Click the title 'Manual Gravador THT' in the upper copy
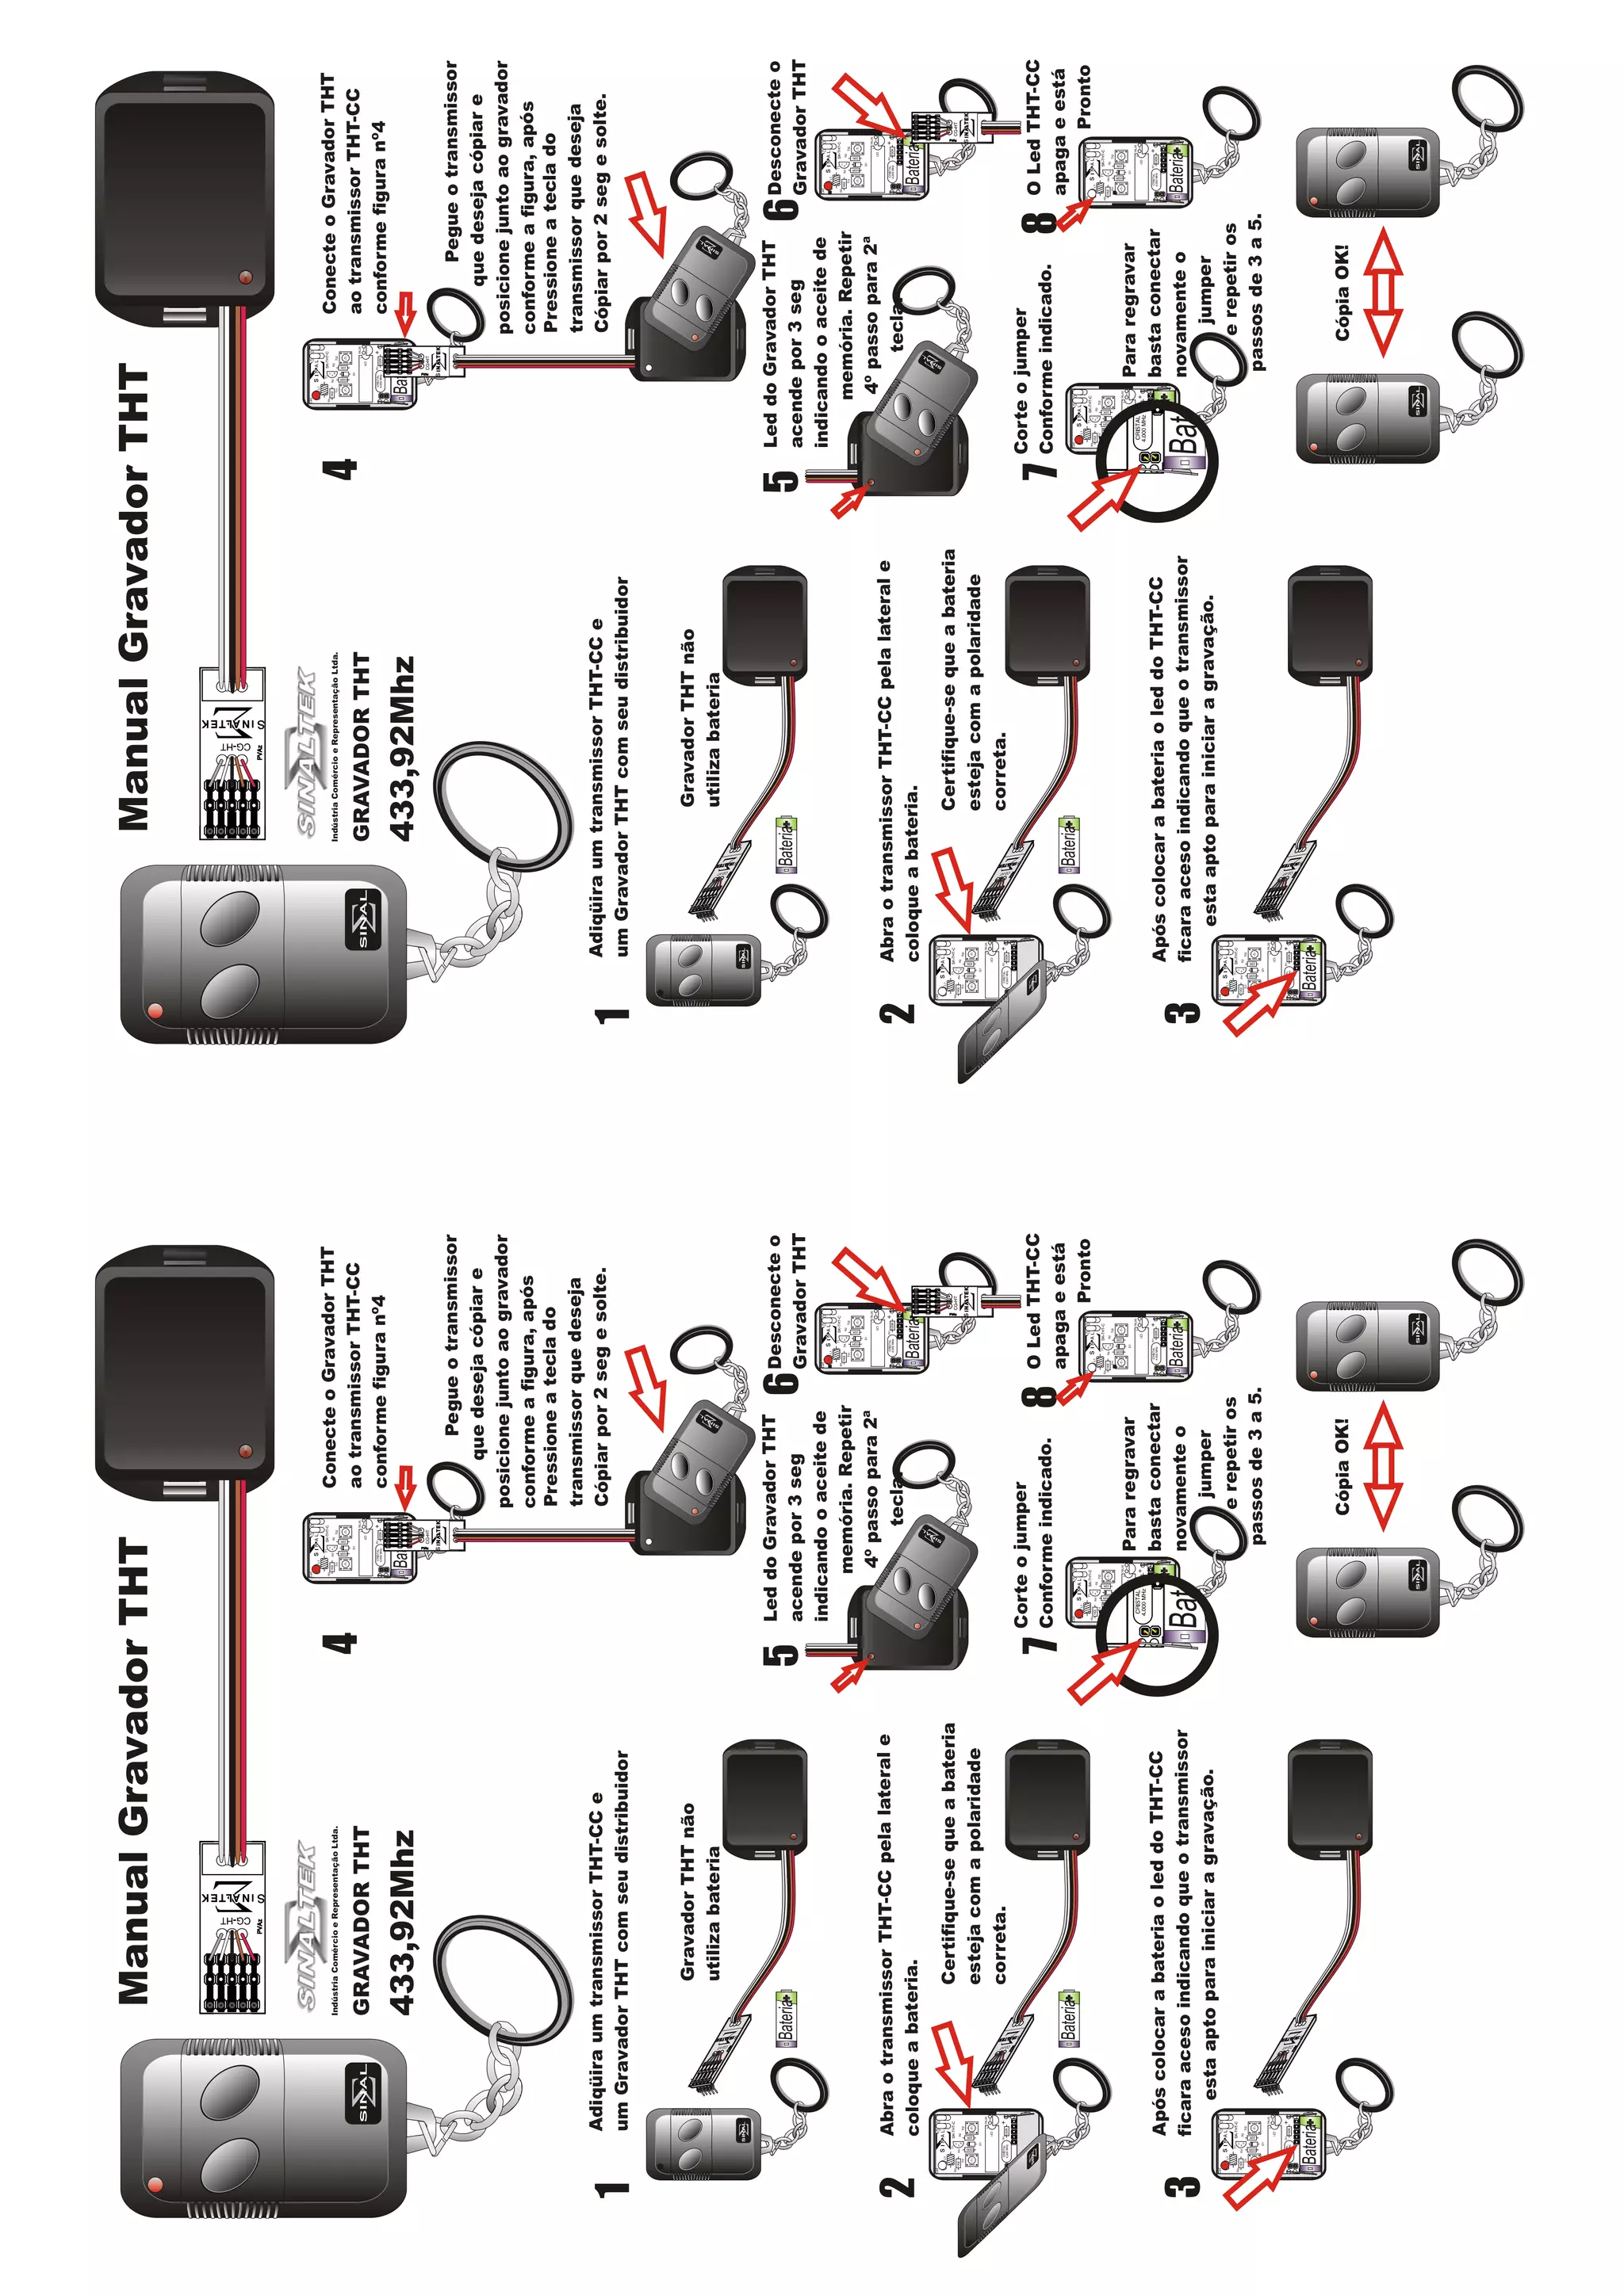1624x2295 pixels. (x=134, y=597)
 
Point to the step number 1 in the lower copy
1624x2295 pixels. (x=612, y=2188)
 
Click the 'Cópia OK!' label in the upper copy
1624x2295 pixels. (x=1341, y=292)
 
